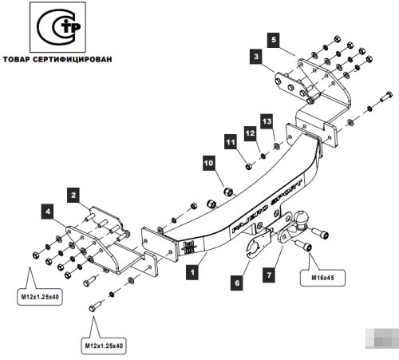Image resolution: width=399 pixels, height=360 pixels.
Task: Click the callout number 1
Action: point(192,272)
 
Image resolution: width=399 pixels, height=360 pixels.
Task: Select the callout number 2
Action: point(72,194)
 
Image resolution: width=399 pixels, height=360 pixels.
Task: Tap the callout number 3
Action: point(255,57)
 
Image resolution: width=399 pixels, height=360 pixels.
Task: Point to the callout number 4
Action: point(48,212)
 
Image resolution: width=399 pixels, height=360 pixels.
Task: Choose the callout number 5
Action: point(273,38)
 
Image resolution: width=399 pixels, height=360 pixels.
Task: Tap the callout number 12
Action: point(249,132)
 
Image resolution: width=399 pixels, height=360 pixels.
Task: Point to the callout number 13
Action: point(267,120)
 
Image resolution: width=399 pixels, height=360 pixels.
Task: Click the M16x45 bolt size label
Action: point(318,279)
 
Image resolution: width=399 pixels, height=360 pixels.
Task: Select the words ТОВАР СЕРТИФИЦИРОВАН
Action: point(57,59)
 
